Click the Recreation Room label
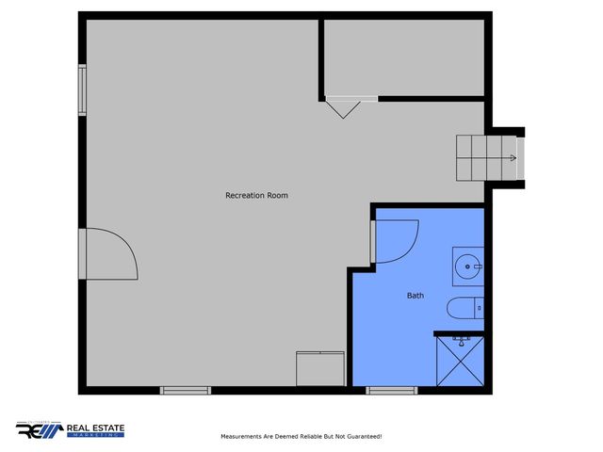click(256, 196)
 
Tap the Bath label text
click(416, 296)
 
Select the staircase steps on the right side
click(487, 158)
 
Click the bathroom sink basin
click(467, 266)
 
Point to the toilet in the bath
click(464, 309)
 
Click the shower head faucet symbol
click(461, 338)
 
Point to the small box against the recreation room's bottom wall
click(320, 367)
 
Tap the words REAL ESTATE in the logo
click(95, 428)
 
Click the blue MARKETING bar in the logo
click(95, 436)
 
